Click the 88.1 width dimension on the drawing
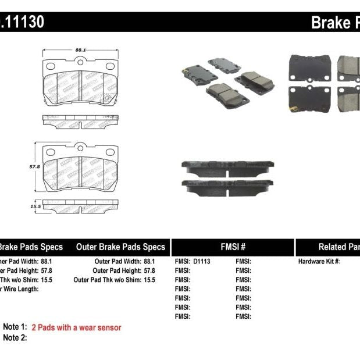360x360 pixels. point(81,51)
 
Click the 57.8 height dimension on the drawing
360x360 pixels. point(34,166)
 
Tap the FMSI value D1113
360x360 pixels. point(201,262)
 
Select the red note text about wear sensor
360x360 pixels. point(76,327)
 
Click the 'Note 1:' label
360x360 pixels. point(15,327)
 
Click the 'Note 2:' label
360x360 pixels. point(15,338)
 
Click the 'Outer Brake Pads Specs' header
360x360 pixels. point(120,247)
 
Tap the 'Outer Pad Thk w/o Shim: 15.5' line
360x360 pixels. point(115,280)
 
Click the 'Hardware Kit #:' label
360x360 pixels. point(319,262)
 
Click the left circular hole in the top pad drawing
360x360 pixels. point(50,65)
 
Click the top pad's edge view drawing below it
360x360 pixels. point(81,120)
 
